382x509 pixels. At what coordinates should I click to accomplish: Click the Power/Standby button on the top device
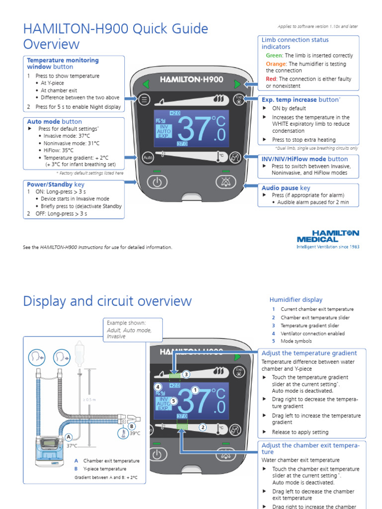click(x=157, y=182)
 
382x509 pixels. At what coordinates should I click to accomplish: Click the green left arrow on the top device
click(x=146, y=84)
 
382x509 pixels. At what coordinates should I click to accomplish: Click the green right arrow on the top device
click(x=237, y=84)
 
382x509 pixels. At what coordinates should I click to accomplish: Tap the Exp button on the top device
click(x=239, y=99)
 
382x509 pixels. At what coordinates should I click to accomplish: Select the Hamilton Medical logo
click(x=328, y=238)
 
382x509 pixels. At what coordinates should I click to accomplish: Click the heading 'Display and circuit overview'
click(x=107, y=301)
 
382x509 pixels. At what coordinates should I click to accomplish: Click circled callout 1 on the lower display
click(x=195, y=390)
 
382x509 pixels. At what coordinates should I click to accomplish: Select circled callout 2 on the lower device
click(x=203, y=427)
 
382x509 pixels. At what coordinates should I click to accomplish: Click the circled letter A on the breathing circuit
click(x=69, y=437)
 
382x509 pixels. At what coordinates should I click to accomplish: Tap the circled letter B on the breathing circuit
click(x=132, y=426)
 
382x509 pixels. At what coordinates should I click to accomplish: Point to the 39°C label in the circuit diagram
click(x=135, y=433)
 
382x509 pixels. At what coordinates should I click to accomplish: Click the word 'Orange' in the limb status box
click(x=276, y=64)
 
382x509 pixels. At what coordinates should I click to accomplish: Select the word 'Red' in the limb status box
click(x=272, y=79)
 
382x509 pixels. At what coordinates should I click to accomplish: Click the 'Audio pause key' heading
click(x=286, y=188)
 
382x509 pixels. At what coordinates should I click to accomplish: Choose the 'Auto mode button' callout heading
click(x=54, y=121)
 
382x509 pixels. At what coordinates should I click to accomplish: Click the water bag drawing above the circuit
click(x=78, y=352)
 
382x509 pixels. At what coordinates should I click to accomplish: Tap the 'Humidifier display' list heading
click(x=295, y=300)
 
